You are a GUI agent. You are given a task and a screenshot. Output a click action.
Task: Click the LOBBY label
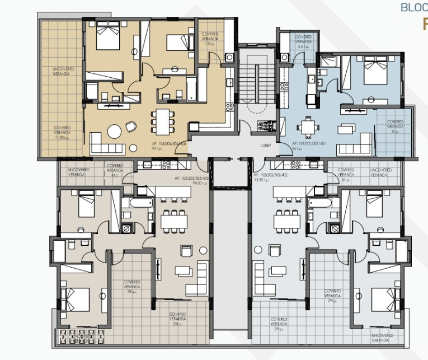[266, 144]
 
